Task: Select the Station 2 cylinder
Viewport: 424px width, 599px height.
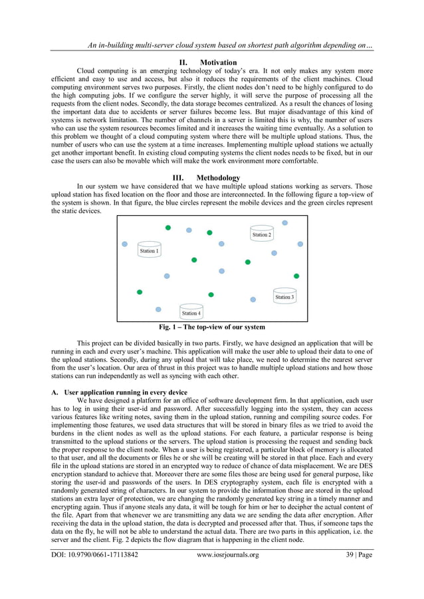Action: click(x=261, y=233)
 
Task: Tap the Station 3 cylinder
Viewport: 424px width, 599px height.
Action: click(x=284, y=296)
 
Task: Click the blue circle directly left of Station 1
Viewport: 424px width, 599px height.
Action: click(x=124, y=244)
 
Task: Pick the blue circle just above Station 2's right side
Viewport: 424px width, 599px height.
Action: click(x=285, y=223)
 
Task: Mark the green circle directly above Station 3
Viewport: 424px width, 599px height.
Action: click(x=296, y=276)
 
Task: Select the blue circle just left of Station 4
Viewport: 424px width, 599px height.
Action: click(x=158, y=309)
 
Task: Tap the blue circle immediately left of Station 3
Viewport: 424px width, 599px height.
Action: click(x=253, y=299)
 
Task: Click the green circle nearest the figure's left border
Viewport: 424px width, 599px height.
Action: click(x=140, y=292)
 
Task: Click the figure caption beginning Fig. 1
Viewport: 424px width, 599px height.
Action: click(x=211, y=327)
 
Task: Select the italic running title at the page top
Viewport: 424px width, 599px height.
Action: click(x=225, y=45)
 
